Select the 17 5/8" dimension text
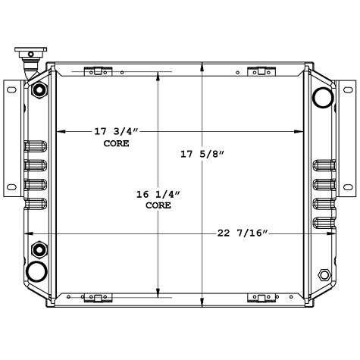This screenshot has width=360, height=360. tap(202, 155)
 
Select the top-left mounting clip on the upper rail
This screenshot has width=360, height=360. tap(95, 72)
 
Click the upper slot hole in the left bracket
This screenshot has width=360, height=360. tap(11, 89)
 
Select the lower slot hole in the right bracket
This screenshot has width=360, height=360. tap(348, 186)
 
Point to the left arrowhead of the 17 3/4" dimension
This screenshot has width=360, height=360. tap(59, 132)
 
